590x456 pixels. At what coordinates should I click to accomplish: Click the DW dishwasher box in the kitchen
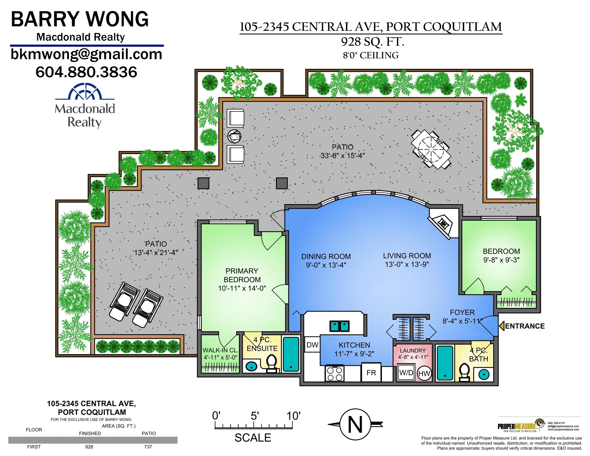(312, 344)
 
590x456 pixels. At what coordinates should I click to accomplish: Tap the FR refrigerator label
(371, 373)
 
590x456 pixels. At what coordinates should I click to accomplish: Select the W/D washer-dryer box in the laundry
(407, 373)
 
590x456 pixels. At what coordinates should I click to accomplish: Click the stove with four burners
(335, 373)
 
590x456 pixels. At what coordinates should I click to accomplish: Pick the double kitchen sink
(339, 326)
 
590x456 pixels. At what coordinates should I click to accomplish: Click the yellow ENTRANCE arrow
(502, 326)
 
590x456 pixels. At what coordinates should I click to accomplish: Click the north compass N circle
(355, 424)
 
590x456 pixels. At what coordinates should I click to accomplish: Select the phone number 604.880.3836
(86, 72)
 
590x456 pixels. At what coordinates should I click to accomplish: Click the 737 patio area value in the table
(148, 447)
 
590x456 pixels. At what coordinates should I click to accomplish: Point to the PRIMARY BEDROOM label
(242, 275)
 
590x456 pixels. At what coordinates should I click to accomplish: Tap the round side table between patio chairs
(234, 136)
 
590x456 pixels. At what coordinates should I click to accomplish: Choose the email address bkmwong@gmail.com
(86, 54)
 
